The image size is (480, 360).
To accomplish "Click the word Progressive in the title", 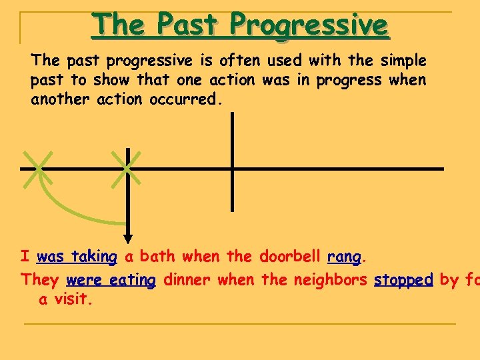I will tap(309, 25).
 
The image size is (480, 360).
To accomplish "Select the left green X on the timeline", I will tap(37, 168).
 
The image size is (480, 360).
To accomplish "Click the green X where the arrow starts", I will tap(127, 167).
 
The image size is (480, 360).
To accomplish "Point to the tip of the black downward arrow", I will tap(128, 242).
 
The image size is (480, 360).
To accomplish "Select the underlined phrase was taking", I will tap(77, 257).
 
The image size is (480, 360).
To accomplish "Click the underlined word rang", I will tap(344, 257).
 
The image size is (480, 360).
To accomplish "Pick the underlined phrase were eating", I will tap(111, 281).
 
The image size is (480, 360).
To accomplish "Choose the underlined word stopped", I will tap(403, 281).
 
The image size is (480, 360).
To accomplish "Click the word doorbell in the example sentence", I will tap(290, 257).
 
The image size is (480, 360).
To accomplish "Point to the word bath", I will tap(157, 257).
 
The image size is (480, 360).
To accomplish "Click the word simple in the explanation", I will tap(403, 61).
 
